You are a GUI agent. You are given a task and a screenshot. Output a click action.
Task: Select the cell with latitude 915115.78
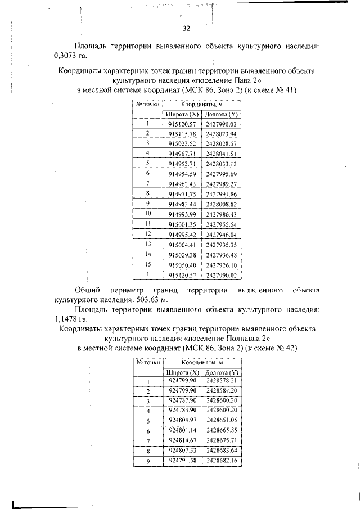click(182, 133)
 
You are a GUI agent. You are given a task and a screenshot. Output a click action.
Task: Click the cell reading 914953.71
click(182, 164)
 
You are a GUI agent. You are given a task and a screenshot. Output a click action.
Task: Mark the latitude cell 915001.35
click(182, 224)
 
